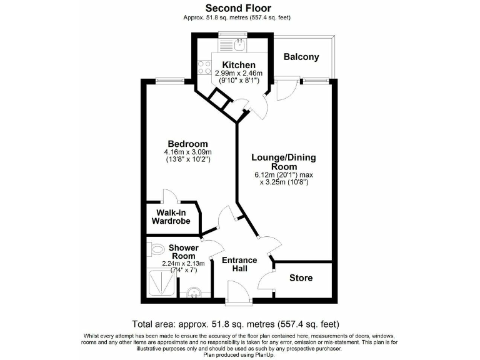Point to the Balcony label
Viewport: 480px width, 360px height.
301,57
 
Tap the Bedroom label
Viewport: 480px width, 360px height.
187,144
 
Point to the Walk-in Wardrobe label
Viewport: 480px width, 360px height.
172,217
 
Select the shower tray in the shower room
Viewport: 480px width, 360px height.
161,284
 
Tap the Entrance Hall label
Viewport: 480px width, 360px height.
240,264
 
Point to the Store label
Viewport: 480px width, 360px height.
301,277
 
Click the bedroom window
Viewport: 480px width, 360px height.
166,79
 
